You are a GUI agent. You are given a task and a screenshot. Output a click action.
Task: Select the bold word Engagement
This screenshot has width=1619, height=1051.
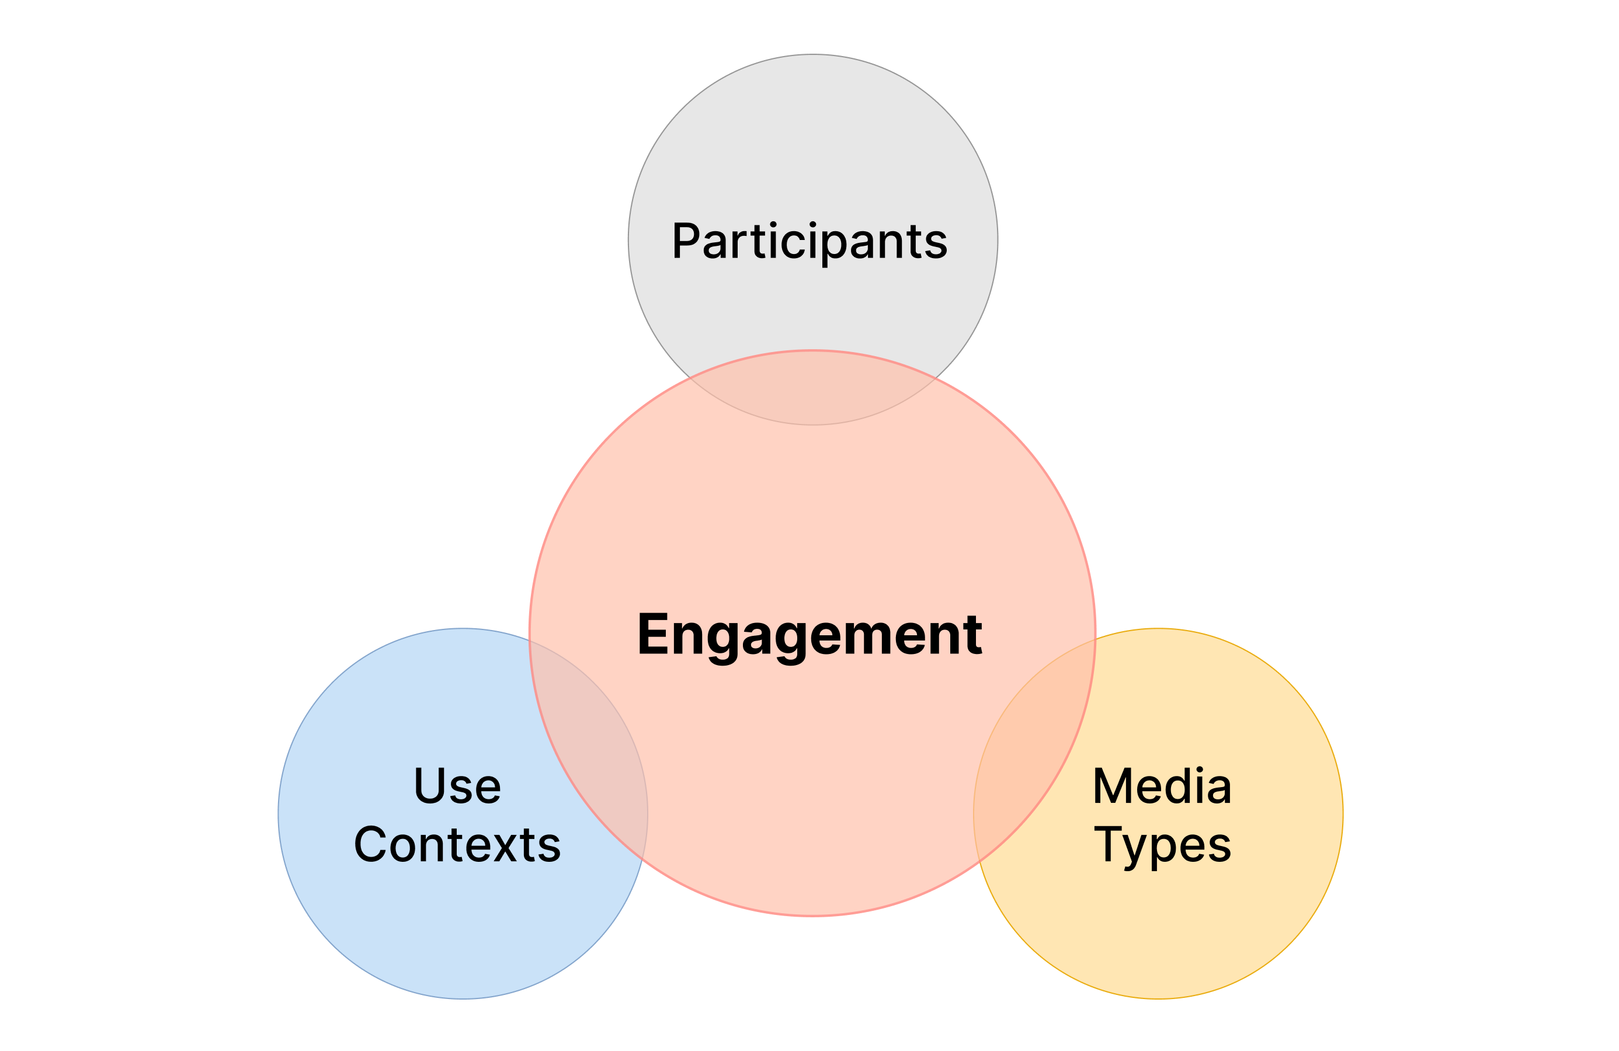point(809,635)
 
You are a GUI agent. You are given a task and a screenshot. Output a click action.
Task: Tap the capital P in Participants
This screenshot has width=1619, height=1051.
point(686,241)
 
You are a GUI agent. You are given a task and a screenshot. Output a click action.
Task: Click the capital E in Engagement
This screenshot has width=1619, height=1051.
point(652,634)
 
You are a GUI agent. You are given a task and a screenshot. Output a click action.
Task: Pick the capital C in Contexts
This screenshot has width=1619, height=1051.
point(370,844)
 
